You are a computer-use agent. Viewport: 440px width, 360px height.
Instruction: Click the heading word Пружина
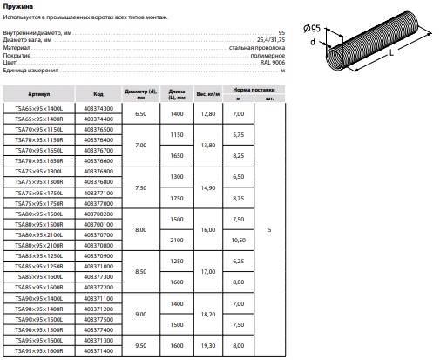point(18,6)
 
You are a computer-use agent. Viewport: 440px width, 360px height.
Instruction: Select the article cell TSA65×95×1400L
point(39,109)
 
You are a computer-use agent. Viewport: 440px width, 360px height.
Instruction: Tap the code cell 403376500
point(98,130)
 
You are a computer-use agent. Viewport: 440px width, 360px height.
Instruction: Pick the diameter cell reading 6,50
point(141,114)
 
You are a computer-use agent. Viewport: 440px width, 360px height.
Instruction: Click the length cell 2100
point(177,241)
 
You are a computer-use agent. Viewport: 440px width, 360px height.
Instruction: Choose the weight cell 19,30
point(208,346)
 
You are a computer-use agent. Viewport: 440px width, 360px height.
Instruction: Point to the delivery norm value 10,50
point(239,241)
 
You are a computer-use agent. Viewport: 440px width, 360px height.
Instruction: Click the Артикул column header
point(39,94)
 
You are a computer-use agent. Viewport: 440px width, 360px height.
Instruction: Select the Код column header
point(98,94)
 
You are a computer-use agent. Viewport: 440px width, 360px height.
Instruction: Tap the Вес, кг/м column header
point(208,94)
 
